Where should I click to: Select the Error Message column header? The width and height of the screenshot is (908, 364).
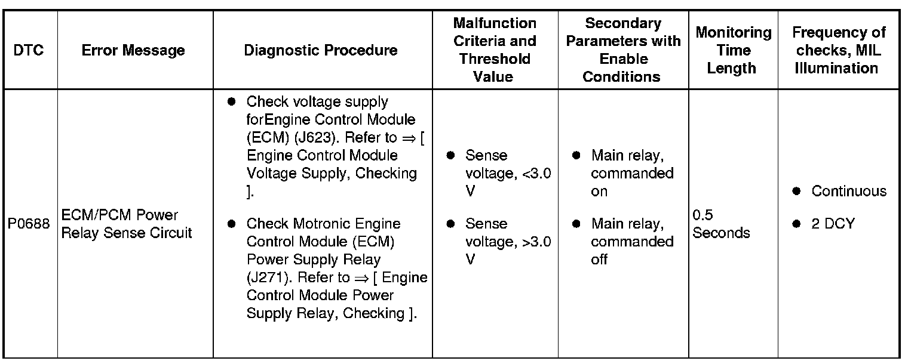pyautogui.click(x=133, y=50)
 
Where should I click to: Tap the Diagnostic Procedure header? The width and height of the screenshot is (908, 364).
pyautogui.click(x=321, y=50)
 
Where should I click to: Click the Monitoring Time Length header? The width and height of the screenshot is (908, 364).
pyautogui.click(x=733, y=50)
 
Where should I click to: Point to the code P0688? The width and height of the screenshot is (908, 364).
pyautogui.click(x=29, y=224)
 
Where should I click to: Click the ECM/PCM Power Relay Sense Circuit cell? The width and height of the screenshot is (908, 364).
pyautogui.click(x=127, y=224)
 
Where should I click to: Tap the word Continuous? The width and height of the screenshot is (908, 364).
pyautogui.click(x=849, y=192)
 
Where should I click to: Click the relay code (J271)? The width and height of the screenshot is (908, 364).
pyautogui.click(x=266, y=277)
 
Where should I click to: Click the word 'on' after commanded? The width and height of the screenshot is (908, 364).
pyautogui.click(x=599, y=192)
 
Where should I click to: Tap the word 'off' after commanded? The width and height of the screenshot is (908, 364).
pyautogui.click(x=599, y=260)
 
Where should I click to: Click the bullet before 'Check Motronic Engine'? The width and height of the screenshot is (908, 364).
pyautogui.click(x=231, y=224)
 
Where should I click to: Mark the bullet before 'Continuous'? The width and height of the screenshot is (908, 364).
pyautogui.click(x=796, y=192)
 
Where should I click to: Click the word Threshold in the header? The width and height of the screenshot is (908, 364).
pyautogui.click(x=494, y=59)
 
